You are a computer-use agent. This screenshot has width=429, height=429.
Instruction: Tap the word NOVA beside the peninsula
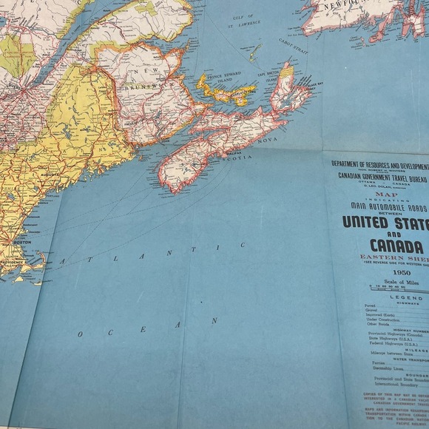(x=267, y=139)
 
